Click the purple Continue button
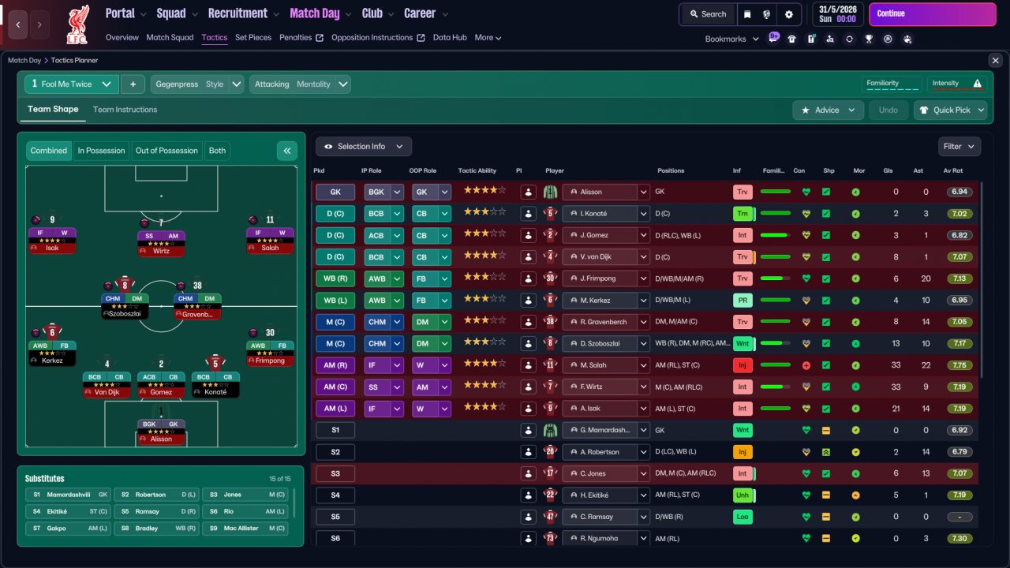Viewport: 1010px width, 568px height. click(932, 14)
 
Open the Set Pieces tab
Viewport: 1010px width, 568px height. click(253, 37)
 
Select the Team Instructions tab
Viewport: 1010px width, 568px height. click(125, 110)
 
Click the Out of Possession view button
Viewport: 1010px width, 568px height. click(166, 151)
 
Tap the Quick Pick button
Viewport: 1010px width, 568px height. click(950, 110)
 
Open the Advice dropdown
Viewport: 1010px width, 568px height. click(828, 110)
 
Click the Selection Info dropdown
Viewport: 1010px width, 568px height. click(364, 147)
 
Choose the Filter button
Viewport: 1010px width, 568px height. click(959, 147)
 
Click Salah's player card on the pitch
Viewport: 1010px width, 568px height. click(270, 241)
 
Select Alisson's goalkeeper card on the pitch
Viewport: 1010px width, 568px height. click(161, 432)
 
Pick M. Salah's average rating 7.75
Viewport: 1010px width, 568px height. click(959, 365)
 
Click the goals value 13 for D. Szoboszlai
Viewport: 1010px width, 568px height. click(896, 343)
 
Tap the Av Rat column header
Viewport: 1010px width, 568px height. click(952, 170)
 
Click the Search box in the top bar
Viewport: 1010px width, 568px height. click(708, 14)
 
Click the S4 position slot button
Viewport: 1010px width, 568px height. click(335, 495)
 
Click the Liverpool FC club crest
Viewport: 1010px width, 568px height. click(77, 25)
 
